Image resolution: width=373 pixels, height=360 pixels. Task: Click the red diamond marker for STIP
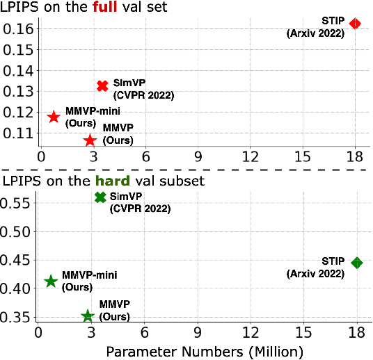coord(355,24)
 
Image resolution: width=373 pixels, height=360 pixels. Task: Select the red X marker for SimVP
coord(102,85)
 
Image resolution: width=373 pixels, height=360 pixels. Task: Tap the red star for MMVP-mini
coord(54,116)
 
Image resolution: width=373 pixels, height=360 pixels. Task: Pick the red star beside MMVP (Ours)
coord(90,140)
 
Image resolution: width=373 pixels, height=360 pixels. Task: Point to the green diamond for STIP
coord(357,263)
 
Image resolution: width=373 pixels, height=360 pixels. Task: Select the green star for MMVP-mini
coord(50,281)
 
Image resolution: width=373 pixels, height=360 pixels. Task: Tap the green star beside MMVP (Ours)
coord(88,316)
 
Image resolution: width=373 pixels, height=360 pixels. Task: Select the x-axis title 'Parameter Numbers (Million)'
coord(205,352)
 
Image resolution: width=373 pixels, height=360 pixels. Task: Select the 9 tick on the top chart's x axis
coord(198,157)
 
